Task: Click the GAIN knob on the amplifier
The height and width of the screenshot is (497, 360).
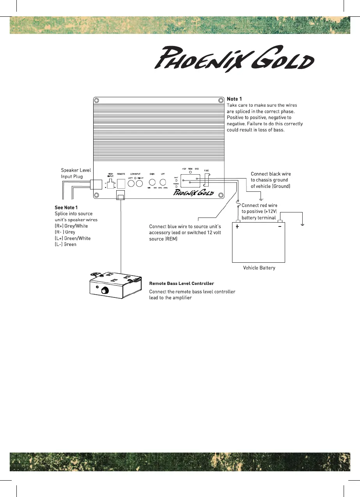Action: point(153,182)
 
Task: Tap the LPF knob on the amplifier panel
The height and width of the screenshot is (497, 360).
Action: point(163,182)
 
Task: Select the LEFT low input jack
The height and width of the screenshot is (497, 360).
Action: point(131,183)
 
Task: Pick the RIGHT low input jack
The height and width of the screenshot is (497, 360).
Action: point(139,183)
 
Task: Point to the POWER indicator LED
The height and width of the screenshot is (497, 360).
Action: point(176,186)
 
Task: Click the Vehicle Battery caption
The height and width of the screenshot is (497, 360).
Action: point(259,268)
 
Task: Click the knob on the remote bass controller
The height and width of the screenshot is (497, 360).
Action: point(105,290)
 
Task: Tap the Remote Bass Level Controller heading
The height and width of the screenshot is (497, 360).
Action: point(181,283)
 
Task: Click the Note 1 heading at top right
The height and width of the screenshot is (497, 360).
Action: point(234,99)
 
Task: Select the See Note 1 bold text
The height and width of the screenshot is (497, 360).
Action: point(66,207)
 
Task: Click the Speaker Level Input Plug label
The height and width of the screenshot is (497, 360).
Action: point(76,173)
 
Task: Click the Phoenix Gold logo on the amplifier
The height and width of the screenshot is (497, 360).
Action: point(193,192)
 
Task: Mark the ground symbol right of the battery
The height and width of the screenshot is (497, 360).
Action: point(303,225)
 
